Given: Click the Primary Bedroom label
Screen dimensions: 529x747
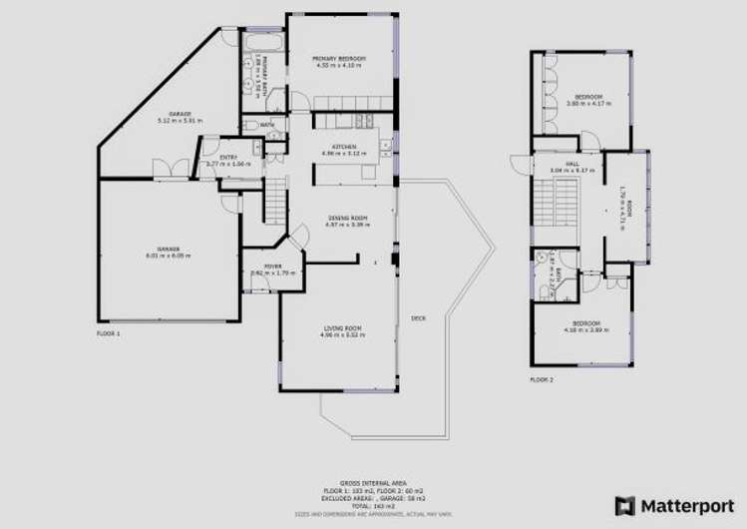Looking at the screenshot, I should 339,59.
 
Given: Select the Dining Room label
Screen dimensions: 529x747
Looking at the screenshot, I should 347,218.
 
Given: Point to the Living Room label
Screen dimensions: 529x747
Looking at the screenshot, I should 340,328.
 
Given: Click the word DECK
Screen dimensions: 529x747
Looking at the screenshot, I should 418,319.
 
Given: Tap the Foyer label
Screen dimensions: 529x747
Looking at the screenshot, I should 272,265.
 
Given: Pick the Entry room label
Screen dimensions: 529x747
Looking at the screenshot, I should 227,157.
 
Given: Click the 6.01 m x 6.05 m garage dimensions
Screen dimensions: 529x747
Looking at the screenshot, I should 167,256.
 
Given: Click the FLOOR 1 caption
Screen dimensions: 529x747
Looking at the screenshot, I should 108,332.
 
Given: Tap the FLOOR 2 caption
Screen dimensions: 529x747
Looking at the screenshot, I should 541,379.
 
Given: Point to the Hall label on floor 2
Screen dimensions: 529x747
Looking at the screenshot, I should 571,164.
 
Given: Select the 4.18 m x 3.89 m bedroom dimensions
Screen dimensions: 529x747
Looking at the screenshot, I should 585,329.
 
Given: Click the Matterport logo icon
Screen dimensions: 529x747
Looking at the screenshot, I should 625,505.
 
